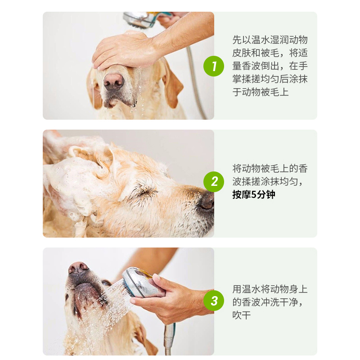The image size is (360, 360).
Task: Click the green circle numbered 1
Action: pyautogui.click(x=213, y=66)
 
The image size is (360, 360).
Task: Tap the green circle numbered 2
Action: pyautogui.click(x=213, y=182)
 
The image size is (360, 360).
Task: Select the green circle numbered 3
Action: pyautogui.click(x=213, y=301)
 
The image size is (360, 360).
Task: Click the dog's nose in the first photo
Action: pyautogui.click(x=114, y=81)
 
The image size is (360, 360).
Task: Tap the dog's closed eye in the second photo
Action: pyautogui.click(x=146, y=190)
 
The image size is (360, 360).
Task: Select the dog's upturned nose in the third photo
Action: pyautogui.click(x=78, y=267)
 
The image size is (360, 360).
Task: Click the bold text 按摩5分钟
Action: pyautogui.click(x=254, y=195)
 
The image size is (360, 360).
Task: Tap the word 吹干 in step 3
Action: pyautogui.click(x=241, y=315)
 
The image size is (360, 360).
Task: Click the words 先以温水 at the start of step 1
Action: pyautogui.click(x=251, y=40)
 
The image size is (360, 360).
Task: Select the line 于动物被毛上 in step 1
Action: pyautogui.click(x=261, y=92)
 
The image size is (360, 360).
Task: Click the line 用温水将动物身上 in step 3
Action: pyautogui.click(x=270, y=289)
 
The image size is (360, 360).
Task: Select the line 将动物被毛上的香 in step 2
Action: pyautogui.click(x=270, y=168)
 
